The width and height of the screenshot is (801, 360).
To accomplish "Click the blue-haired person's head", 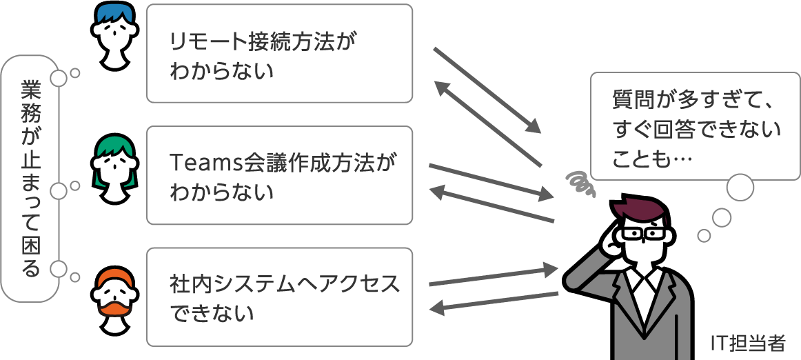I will (113, 35).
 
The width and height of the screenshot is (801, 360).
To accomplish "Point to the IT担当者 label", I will (747, 343).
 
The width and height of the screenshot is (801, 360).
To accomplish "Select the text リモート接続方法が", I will (265, 43).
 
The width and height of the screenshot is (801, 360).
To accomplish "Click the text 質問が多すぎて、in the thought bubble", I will (689, 99).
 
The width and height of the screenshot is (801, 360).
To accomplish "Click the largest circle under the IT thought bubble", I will (741, 188).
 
